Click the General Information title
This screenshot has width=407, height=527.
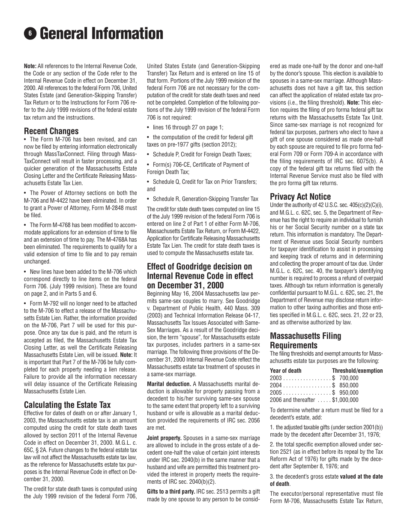pos(101,33)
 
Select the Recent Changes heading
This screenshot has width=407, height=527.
pos(51,131)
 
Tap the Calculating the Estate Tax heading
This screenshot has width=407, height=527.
pos(67,404)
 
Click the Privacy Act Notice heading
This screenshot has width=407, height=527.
pos(300,196)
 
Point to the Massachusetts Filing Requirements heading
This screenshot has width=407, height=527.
pos(305,340)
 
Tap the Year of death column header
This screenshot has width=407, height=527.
pos(286,371)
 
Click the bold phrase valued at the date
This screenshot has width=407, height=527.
pos(362,477)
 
